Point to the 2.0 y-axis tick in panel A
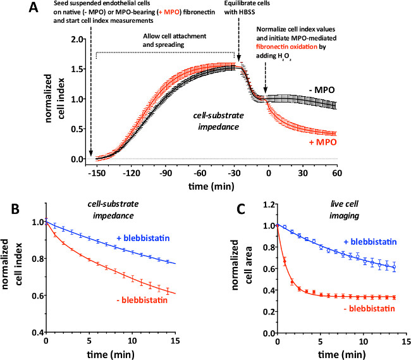77,39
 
